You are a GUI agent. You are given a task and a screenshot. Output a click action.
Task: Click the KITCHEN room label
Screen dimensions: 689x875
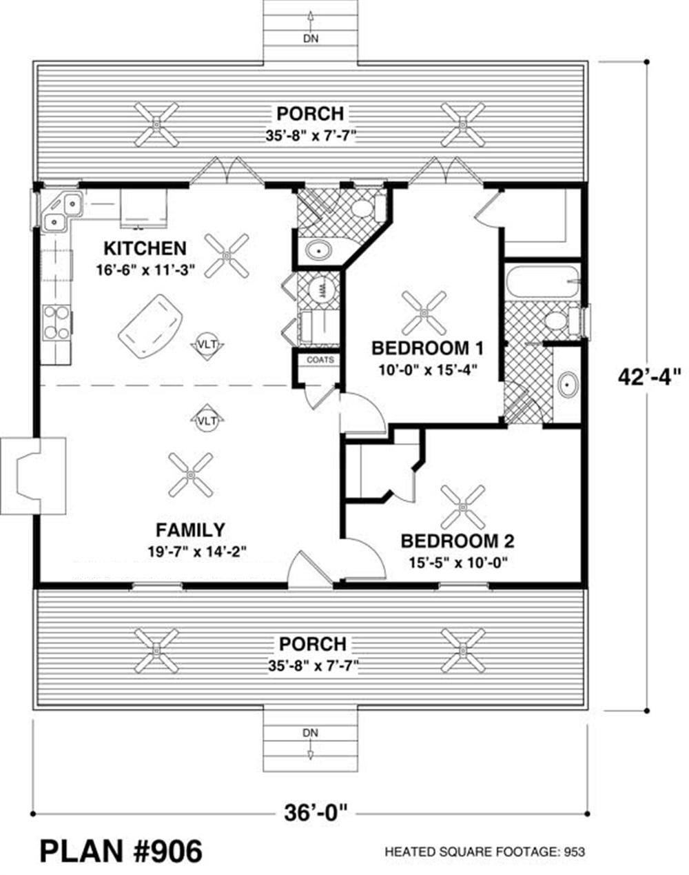145,248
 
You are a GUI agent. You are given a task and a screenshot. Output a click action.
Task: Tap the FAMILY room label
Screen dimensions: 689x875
190,530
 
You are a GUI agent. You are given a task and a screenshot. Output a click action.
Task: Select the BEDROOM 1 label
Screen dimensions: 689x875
427,348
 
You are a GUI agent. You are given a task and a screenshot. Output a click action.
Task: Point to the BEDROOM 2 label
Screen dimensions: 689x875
457,541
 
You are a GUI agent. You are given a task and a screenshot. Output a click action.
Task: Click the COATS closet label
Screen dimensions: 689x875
320,360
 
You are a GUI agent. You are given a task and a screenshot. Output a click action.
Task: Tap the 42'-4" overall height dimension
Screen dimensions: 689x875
649,377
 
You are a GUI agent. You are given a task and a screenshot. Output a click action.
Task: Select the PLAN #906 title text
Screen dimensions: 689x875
121,852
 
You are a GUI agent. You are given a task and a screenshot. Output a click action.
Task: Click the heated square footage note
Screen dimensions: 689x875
485,852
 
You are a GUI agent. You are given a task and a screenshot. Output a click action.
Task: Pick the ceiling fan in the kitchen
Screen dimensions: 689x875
226,255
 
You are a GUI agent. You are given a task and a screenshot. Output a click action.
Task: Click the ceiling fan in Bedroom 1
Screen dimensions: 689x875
424,313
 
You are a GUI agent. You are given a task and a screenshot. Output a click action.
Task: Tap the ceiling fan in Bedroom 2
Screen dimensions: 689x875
463,507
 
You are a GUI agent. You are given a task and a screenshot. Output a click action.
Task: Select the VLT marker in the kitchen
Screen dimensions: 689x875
207,345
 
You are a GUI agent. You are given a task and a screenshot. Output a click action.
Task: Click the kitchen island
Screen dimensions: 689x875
150,327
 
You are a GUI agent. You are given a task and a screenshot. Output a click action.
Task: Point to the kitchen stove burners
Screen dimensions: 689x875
57,323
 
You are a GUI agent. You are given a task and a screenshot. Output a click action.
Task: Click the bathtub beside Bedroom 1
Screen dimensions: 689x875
542,281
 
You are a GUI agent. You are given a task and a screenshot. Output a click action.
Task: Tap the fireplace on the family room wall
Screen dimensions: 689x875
33,476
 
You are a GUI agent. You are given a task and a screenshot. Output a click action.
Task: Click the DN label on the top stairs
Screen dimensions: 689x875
311,39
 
